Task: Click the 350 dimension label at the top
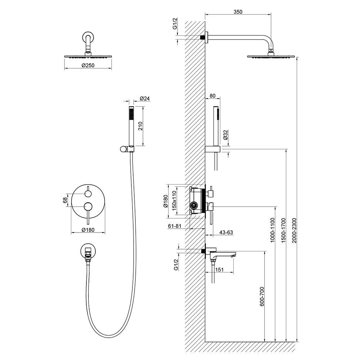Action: pyautogui.click(x=238, y=12)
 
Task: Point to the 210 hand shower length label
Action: pyautogui.click(x=141, y=126)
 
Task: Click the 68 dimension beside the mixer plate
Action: pyautogui.click(x=66, y=200)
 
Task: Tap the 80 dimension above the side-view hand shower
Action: pyautogui.click(x=212, y=96)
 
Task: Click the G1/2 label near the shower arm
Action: pyautogui.click(x=175, y=23)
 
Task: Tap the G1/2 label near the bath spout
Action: pyautogui.click(x=176, y=265)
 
